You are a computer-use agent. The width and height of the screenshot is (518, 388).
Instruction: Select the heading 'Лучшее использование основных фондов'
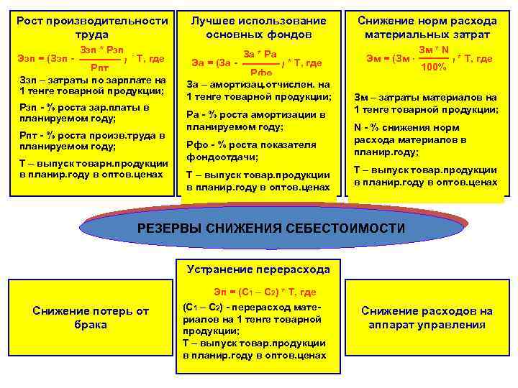(x=258, y=27)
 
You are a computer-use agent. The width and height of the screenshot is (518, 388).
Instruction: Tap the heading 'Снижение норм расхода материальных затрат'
(x=427, y=27)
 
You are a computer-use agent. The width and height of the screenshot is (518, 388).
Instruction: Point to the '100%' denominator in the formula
(x=433, y=67)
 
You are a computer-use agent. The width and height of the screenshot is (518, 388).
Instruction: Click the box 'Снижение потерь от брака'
(x=91, y=318)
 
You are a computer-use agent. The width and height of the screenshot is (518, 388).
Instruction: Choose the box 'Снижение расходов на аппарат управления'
(x=427, y=318)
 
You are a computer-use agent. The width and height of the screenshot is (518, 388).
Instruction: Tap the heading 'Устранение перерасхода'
(x=258, y=269)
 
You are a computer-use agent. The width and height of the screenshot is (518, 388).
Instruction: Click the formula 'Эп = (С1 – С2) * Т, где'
(x=264, y=292)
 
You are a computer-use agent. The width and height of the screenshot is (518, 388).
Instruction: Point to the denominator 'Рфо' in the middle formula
(x=260, y=73)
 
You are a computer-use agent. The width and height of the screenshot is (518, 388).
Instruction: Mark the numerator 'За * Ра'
(x=260, y=54)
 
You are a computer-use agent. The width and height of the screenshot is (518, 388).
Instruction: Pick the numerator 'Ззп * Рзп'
(x=101, y=49)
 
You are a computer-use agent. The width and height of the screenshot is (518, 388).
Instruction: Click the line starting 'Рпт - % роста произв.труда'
(x=91, y=140)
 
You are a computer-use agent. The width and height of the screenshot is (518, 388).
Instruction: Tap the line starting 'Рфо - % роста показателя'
(x=251, y=150)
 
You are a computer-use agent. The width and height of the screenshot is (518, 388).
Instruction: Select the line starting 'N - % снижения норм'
(x=410, y=140)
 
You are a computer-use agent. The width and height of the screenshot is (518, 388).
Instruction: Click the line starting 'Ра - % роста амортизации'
(x=255, y=120)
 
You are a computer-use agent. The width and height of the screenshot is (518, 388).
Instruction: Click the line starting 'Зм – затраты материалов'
(x=425, y=103)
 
